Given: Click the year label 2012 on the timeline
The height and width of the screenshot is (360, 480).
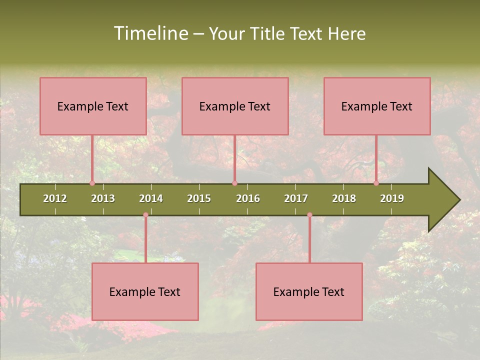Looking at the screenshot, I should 55,198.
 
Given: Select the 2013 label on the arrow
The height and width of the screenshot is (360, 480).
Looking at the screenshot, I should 103,198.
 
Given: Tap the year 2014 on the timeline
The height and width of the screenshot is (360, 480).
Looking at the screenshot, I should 151,198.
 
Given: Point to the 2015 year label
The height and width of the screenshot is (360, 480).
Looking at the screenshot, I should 199,198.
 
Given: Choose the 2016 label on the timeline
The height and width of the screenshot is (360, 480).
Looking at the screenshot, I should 248,198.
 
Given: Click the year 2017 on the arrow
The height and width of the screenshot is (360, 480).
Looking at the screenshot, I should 296,198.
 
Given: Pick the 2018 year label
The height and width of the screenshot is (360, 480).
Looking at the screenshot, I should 344,198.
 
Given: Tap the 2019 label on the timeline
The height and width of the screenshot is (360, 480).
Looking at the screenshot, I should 392,198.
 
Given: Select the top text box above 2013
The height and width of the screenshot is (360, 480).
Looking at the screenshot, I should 93,106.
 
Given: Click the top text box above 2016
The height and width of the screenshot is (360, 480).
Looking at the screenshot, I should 235,106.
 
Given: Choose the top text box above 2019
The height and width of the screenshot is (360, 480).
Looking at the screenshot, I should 377,106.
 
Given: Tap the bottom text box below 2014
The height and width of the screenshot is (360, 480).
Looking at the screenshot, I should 145,291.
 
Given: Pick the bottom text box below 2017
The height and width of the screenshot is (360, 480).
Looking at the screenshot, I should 309,291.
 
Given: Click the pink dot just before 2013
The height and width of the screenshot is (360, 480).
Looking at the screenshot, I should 92,183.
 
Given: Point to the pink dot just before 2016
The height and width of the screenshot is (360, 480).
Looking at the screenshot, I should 234,183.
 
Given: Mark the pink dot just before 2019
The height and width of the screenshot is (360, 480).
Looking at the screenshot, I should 376,183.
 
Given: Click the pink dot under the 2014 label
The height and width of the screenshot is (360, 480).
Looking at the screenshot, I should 145,215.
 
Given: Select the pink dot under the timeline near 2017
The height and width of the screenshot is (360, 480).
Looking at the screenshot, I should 309,215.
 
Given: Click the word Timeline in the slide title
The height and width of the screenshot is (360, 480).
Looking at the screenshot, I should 151,33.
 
